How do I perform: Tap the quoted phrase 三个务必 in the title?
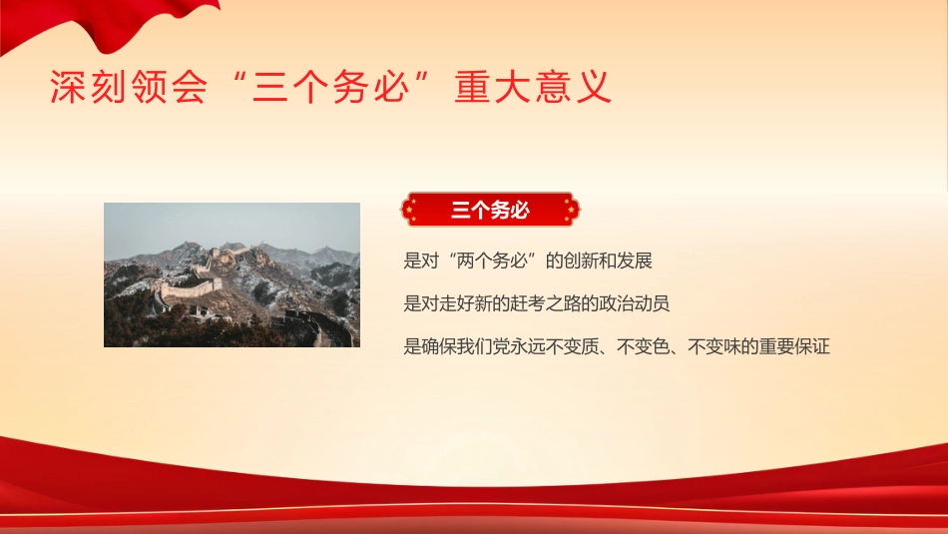(334, 89)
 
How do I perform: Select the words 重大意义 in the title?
(533, 89)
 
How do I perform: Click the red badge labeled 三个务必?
(489, 211)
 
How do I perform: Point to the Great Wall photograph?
(232, 274)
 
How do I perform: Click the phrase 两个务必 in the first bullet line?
(493, 262)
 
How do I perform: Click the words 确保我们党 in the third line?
(469, 347)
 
